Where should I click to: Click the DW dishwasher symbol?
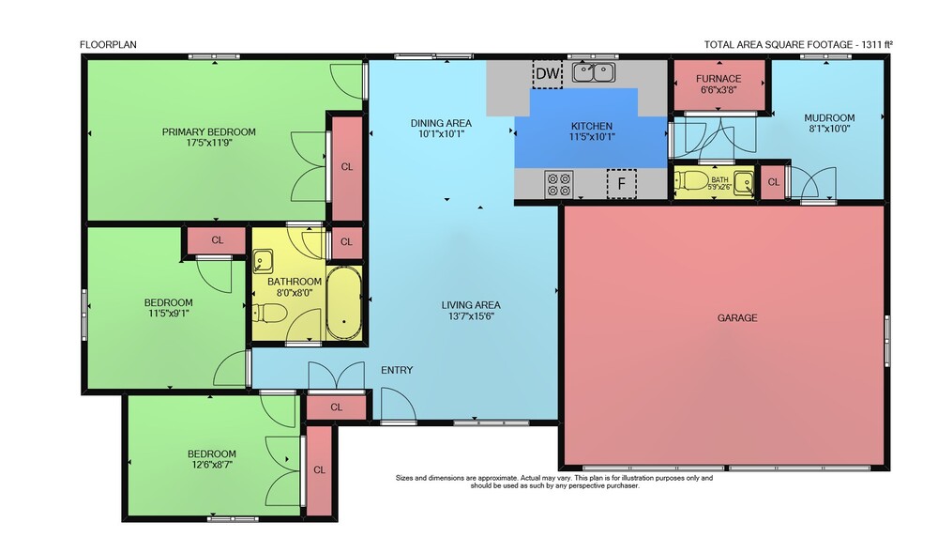pyautogui.click(x=548, y=73)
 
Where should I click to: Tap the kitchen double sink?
pyautogui.click(x=594, y=72)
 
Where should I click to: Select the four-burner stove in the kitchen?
pyautogui.click(x=559, y=184)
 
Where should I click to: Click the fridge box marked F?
pyautogui.click(x=622, y=184)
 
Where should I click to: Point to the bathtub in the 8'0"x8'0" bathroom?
pyautogui.click(x=344, y=303)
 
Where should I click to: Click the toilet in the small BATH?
pyautogui.click(x=691, y=180)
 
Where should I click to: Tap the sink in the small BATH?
pyautogui.click(x=744, y=181)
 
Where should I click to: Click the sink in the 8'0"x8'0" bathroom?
pyautogui.click(x=263, y=261)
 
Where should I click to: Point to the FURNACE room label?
pyautogui.click(x=719, y=79)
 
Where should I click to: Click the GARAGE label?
pyautogui.click(x=737, y=317)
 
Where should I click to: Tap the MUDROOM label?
pyautogui.click(x=829, y=118)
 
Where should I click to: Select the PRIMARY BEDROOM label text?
pyautogui.click(x=209, y=131)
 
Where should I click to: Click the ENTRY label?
pyautogui.click(x=397, y=370)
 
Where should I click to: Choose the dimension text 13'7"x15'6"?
pyautogui.click(x=471, y=315)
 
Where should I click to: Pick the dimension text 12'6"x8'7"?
pyautogui.click(x=212, y=464)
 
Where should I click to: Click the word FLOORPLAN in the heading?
pyautogui.click(x=108, y=44)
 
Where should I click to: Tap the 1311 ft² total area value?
pyautogui.click(x=876, y=44)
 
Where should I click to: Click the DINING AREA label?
pyautogui.click(x=441, y=123)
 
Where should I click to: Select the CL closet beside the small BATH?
pyautogui.click(x=774, y=182)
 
